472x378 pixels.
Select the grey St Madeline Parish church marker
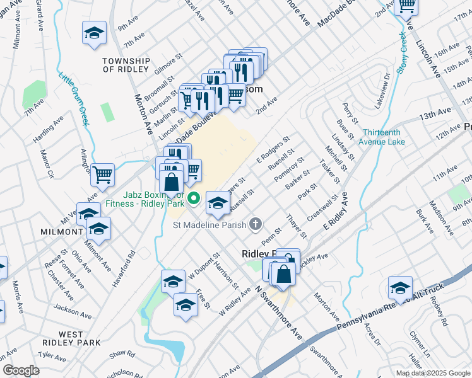point(256,224)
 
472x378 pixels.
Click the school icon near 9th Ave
point(94,33)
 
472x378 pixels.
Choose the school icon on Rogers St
point(218,202)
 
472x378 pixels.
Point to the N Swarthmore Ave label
point(278,312)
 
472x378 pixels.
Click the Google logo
point(21,370)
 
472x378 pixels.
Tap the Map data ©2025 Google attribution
point(432,373)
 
